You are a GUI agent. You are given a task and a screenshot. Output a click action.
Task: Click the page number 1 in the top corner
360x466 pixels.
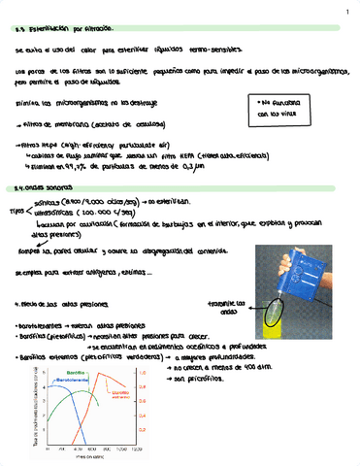(346, 13)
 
